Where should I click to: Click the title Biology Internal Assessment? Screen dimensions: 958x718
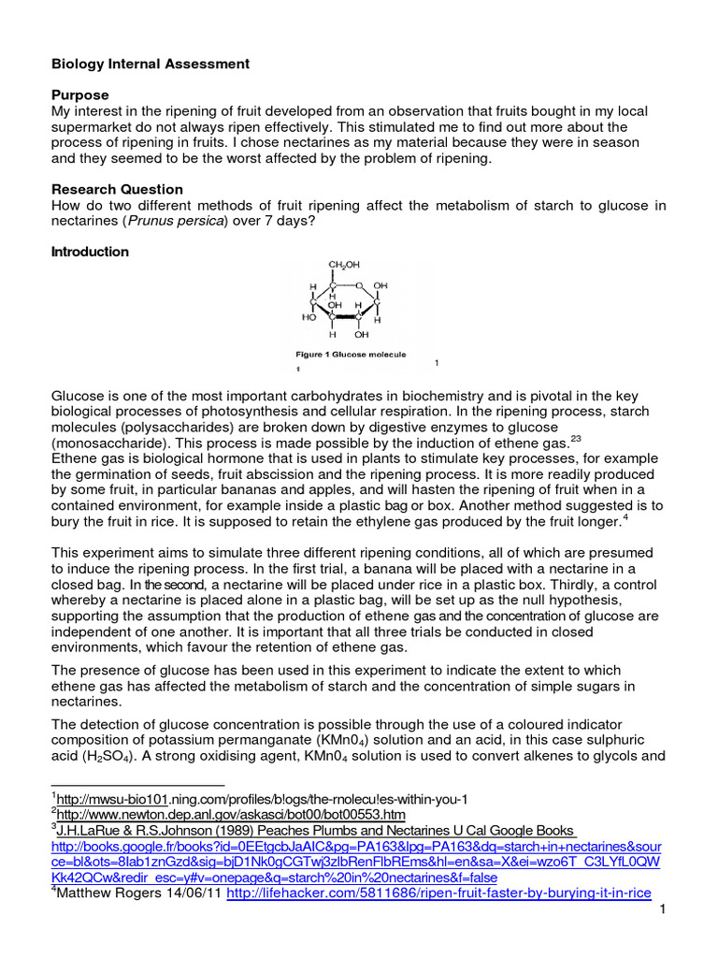pyautogui.click(x=150, y=64)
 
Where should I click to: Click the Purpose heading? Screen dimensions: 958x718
pyautogui.click(x=79, y=95)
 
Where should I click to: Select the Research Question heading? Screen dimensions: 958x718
pyautogui.click(x=117, y=189)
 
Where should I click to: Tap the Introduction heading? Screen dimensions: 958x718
pyautogui.click(x=90, y=252)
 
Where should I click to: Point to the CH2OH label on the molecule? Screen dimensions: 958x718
pyautogui.click(x=342, y=265)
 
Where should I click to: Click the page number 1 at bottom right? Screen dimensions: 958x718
pyautogui.click(x=661, y=911)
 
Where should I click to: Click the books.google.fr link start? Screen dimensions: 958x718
pyautogui.click(x=140, y=847)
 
